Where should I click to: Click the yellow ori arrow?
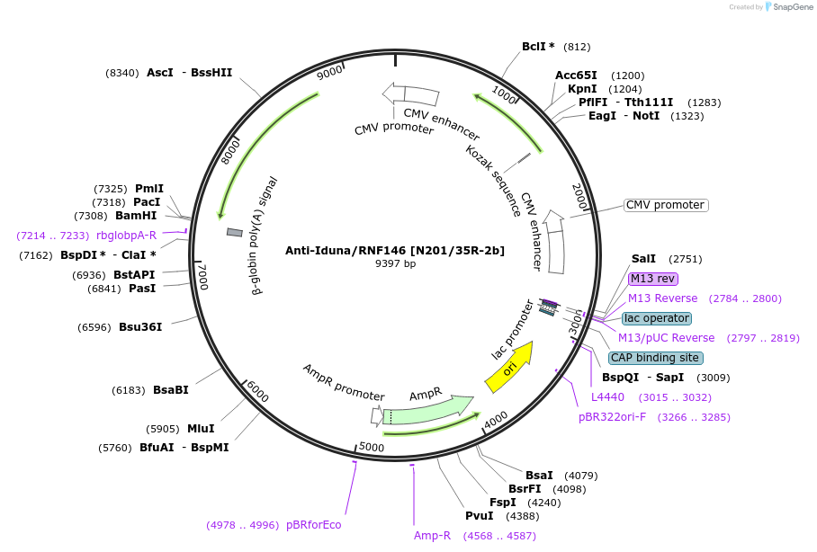(508, 368)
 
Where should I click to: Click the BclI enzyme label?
(538, 47)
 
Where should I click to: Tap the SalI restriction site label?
(643, 258)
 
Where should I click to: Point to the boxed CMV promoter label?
(666, 205)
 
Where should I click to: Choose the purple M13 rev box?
(652, 279)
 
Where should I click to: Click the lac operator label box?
(657, 318)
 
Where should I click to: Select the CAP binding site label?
(656, 358)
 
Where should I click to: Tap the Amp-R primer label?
(432, 536)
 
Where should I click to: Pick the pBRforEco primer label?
(313, 525)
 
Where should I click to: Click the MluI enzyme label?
(201, 429)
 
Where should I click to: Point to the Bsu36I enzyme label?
(140, 327)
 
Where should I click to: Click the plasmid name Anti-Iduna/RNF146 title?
(395, 250)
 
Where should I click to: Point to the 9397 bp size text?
(395, 263)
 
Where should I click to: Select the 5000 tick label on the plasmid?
(372, 447)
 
